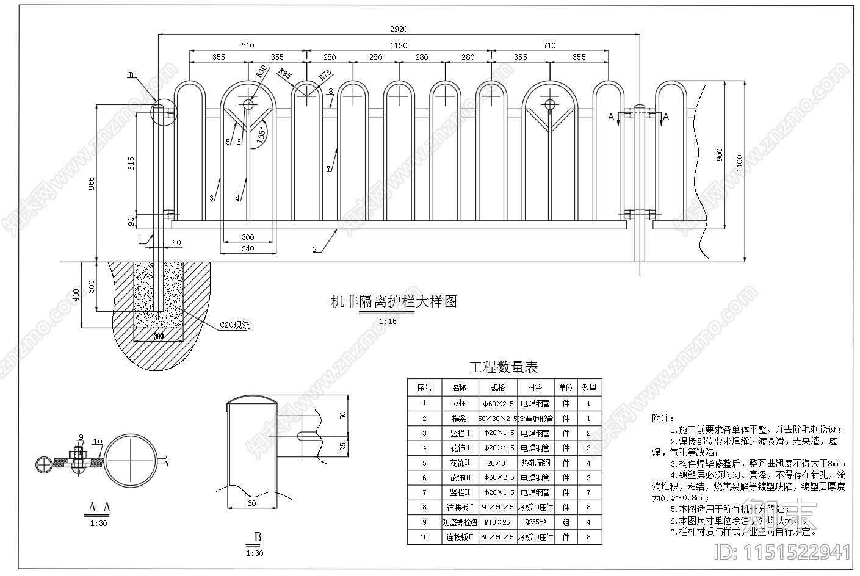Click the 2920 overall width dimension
coord(398,29)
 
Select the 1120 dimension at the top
coord(398,45)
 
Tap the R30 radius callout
coord(261,71)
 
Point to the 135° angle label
coord(262,135)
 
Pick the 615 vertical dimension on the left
coord(131,164)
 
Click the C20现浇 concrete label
coord(235,326)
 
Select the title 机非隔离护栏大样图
coord(393,301)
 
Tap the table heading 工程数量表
coord(503,367)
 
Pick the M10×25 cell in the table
coord(497,522)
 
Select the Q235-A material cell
coord(535,522)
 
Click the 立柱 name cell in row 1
coord(459,403)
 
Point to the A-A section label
coord(99,506)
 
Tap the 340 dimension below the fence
coord(248,248)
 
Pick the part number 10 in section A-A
coord(97,441)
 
